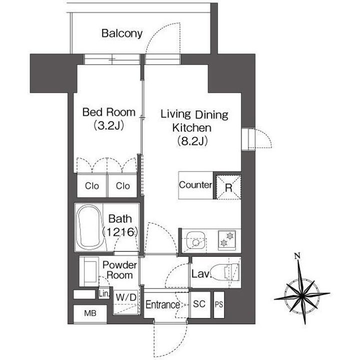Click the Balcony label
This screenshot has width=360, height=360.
click(122, 33)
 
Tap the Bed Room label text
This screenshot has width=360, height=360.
click(109, 112)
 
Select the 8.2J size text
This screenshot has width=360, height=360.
click(192, 141)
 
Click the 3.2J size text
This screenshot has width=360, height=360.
click(109, 125)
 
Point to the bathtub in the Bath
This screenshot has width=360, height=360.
click(90, 227)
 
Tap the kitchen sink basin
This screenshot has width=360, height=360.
click(196, 240)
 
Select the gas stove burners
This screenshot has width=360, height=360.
click(227, 239)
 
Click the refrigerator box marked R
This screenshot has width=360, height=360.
click(228, 187)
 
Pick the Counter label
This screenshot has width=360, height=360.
click(195, 185)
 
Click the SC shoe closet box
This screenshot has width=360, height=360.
click(199, 304)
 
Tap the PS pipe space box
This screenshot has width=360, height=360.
click(219, 304)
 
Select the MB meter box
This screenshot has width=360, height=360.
click(90, 313)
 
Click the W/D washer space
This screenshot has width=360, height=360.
click(126, 302)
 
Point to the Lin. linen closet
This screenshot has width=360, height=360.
click(104, 293)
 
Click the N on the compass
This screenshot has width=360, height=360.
click(297, 255)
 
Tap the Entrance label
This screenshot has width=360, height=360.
click(162, 304)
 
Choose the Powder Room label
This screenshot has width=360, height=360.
click(119, 270)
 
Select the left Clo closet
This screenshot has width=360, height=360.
click(92, 185)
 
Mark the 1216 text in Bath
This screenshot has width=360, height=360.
click(120, 232)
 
